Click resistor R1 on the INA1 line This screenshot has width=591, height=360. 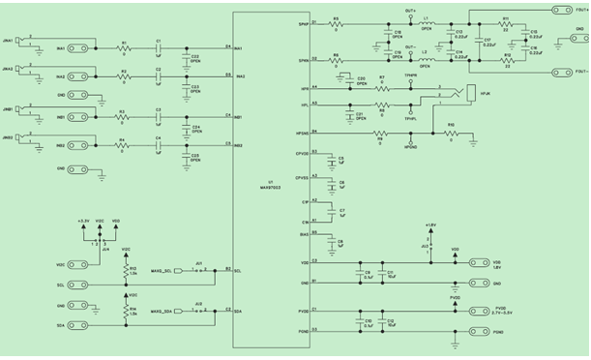point(124,47)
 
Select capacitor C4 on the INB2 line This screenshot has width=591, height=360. point(159,145)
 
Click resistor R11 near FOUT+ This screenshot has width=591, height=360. point(506,23)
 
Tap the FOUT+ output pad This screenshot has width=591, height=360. point(559,11)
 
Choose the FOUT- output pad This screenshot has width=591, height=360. point(559,72)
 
